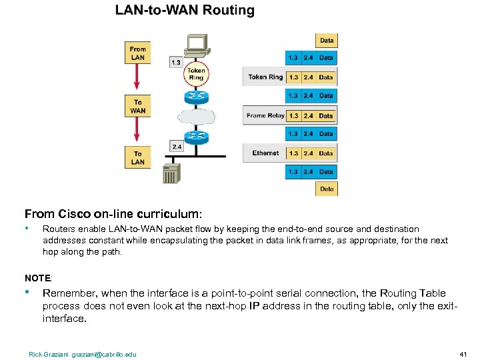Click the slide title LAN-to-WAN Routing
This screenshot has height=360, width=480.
click(185, 11)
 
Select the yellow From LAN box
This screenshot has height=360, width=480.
click(138, 53)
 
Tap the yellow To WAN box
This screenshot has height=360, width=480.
click(138, 107)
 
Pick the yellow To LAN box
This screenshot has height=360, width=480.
click(138, 157)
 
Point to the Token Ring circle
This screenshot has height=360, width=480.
click(196, 73)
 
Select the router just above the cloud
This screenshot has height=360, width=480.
click(196, 95)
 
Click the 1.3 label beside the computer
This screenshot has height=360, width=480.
click(175, 63)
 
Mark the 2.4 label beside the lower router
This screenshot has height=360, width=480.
click(177, 146)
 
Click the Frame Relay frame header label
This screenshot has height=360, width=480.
click(265, 115)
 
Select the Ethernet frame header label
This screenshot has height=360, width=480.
click(265, 153)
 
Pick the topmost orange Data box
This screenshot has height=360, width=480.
click(327, 40)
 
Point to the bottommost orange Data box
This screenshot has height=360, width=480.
click(327, 189)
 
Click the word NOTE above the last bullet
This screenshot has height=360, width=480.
click(38, 277)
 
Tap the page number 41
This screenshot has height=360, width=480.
click(463, 354)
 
